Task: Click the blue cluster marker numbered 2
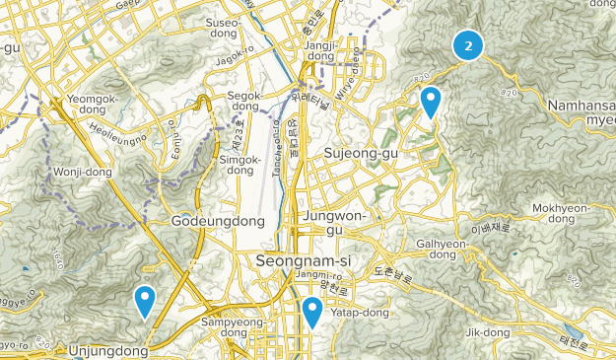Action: (x=468, y=44)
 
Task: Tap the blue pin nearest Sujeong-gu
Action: (x=431, y=102)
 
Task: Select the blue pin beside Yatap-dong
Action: (x=312, y=312)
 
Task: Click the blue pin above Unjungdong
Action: (x=146, y=301)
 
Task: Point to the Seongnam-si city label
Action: (x=298, y=262)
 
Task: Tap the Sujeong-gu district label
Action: (x=363, y=153)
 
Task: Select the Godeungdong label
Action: (x=218, y=222)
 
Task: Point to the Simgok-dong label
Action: (x=240, y=166)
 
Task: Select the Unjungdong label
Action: (x=108, y=350)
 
